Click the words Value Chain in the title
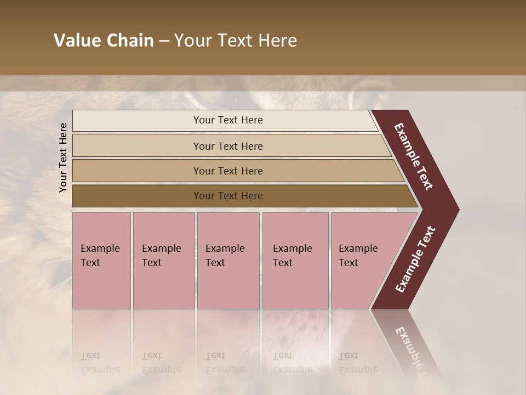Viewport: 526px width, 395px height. coord(104,41)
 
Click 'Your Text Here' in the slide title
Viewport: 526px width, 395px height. coord(236,41)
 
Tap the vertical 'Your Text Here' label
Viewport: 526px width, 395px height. coord(63,157)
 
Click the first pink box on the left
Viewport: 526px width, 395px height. coord(101,260)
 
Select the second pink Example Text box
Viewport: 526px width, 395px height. coord(163,260)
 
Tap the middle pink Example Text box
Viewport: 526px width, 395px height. coord(228,260)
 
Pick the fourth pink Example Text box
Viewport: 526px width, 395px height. coord(295,260)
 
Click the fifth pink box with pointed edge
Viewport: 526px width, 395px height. coord(362,260)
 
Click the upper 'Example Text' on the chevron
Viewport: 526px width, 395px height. coord(414,156)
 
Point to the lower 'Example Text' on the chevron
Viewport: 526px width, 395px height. coord(415,259)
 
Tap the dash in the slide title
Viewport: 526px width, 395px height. coord(164,41)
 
